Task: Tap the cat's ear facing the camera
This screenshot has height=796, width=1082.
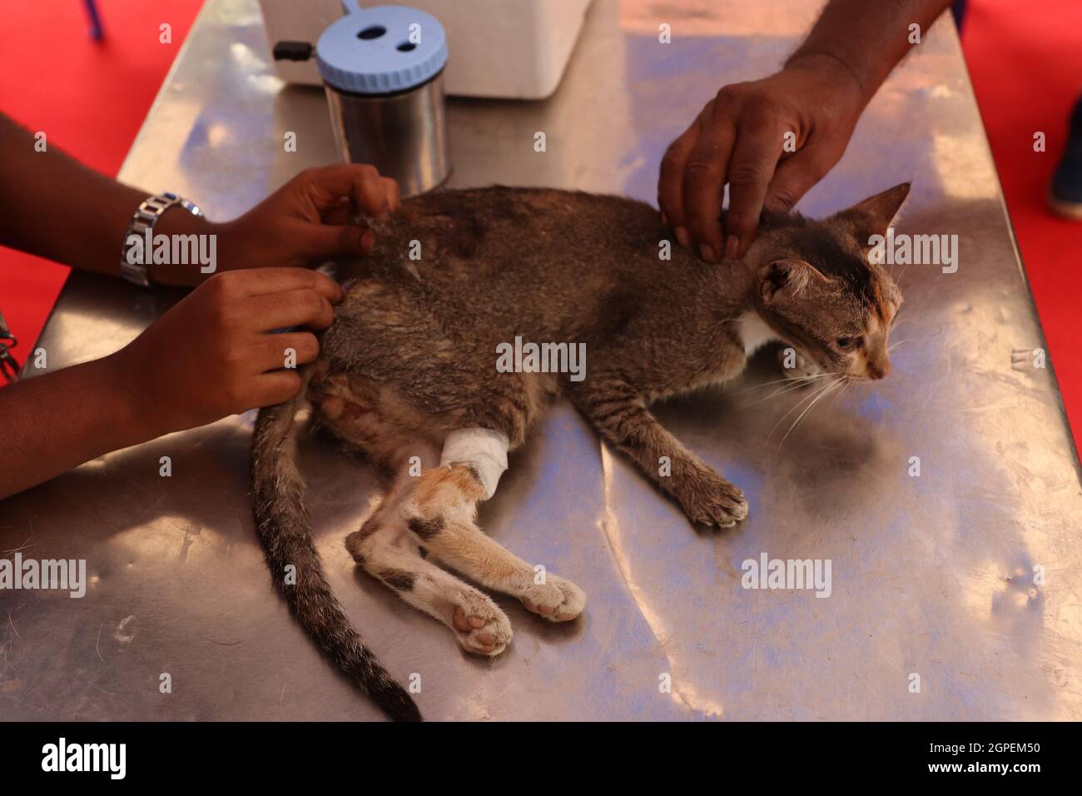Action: click(787, 283)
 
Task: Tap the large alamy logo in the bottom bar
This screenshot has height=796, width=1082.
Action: click(83, 759)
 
